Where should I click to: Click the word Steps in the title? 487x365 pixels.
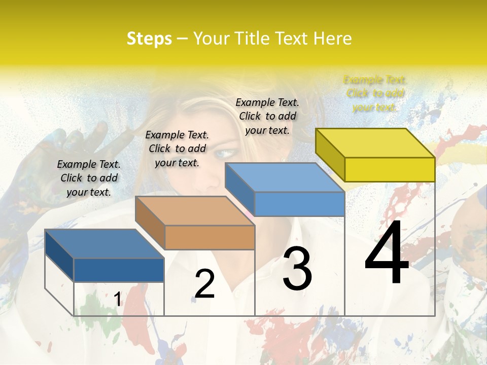click(149, 39)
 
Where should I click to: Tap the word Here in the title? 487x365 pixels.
click(332, 39)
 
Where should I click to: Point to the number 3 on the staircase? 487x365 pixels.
click(297, 269)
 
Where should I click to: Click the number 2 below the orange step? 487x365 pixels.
click(204, 284)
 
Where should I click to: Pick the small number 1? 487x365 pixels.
click(118, 300)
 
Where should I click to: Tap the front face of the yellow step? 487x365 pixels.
click(390, 169)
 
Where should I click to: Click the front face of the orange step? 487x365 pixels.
click(210, 237)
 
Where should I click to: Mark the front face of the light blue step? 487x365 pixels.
click(299, 204)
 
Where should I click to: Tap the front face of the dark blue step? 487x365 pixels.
click(119, 270)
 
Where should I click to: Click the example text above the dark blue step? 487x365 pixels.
click(89, 178)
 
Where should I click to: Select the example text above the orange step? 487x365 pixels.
click(177, 149)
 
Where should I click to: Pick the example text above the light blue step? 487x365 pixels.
click(267, 116)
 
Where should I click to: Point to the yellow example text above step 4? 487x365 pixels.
click(375, 93)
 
